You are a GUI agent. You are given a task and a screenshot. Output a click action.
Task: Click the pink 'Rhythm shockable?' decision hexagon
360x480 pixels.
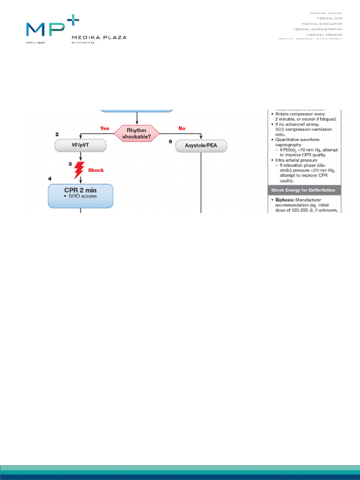[x=136, y=133]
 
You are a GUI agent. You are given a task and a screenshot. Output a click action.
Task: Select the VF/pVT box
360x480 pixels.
[x=81, y=146]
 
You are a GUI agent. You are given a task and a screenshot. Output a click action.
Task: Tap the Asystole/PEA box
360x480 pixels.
[x=201, y=146]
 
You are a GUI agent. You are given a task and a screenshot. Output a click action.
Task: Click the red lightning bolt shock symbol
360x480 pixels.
[x=79, y=170]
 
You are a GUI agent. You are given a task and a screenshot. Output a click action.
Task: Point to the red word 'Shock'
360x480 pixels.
[x=96, y=170]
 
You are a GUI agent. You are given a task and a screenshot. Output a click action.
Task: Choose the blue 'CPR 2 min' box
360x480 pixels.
[x=81, y=196]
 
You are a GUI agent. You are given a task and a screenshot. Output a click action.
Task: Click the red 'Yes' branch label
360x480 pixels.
[x=105, y=128]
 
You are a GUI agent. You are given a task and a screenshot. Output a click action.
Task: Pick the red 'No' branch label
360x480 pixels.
[x=182, y=128]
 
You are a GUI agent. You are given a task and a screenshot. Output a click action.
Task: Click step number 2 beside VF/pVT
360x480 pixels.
[x=57, y=135]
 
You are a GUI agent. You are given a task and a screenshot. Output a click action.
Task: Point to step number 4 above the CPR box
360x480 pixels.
[x=50, y=179]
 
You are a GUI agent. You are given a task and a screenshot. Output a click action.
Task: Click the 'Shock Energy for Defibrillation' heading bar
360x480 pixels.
[x=304, y=190]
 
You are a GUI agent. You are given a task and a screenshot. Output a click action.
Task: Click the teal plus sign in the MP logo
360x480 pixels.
[x=73, y=21]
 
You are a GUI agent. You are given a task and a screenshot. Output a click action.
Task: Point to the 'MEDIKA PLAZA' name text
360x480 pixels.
[x=98, y=37]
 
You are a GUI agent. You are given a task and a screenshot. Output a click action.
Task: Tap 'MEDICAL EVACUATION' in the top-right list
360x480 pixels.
[x=322, y=23]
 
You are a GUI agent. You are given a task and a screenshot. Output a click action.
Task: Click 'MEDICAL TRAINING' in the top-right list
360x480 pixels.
[x=324, y=34]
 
